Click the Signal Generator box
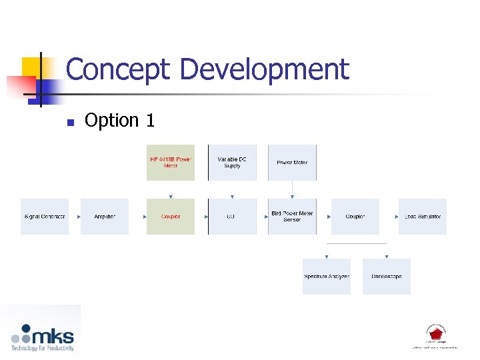point(45,217)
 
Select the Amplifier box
point(105,217)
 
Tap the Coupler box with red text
point(171,217)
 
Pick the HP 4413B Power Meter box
point(171,163)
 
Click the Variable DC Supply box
point(232,163)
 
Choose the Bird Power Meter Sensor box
point(292,217)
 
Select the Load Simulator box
point(423,217)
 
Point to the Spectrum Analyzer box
point(327,277)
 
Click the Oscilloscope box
point(387,277)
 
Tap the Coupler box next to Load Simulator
point(355,217)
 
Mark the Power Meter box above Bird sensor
point(292,163)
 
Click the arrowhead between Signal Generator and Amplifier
point(79,217)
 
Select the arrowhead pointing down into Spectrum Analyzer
point(327,257)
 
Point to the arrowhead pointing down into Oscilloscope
point(387,257)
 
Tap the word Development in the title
point(265,69)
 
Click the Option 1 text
point(120,121)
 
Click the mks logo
point(42,337)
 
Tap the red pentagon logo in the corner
point(435,333)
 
